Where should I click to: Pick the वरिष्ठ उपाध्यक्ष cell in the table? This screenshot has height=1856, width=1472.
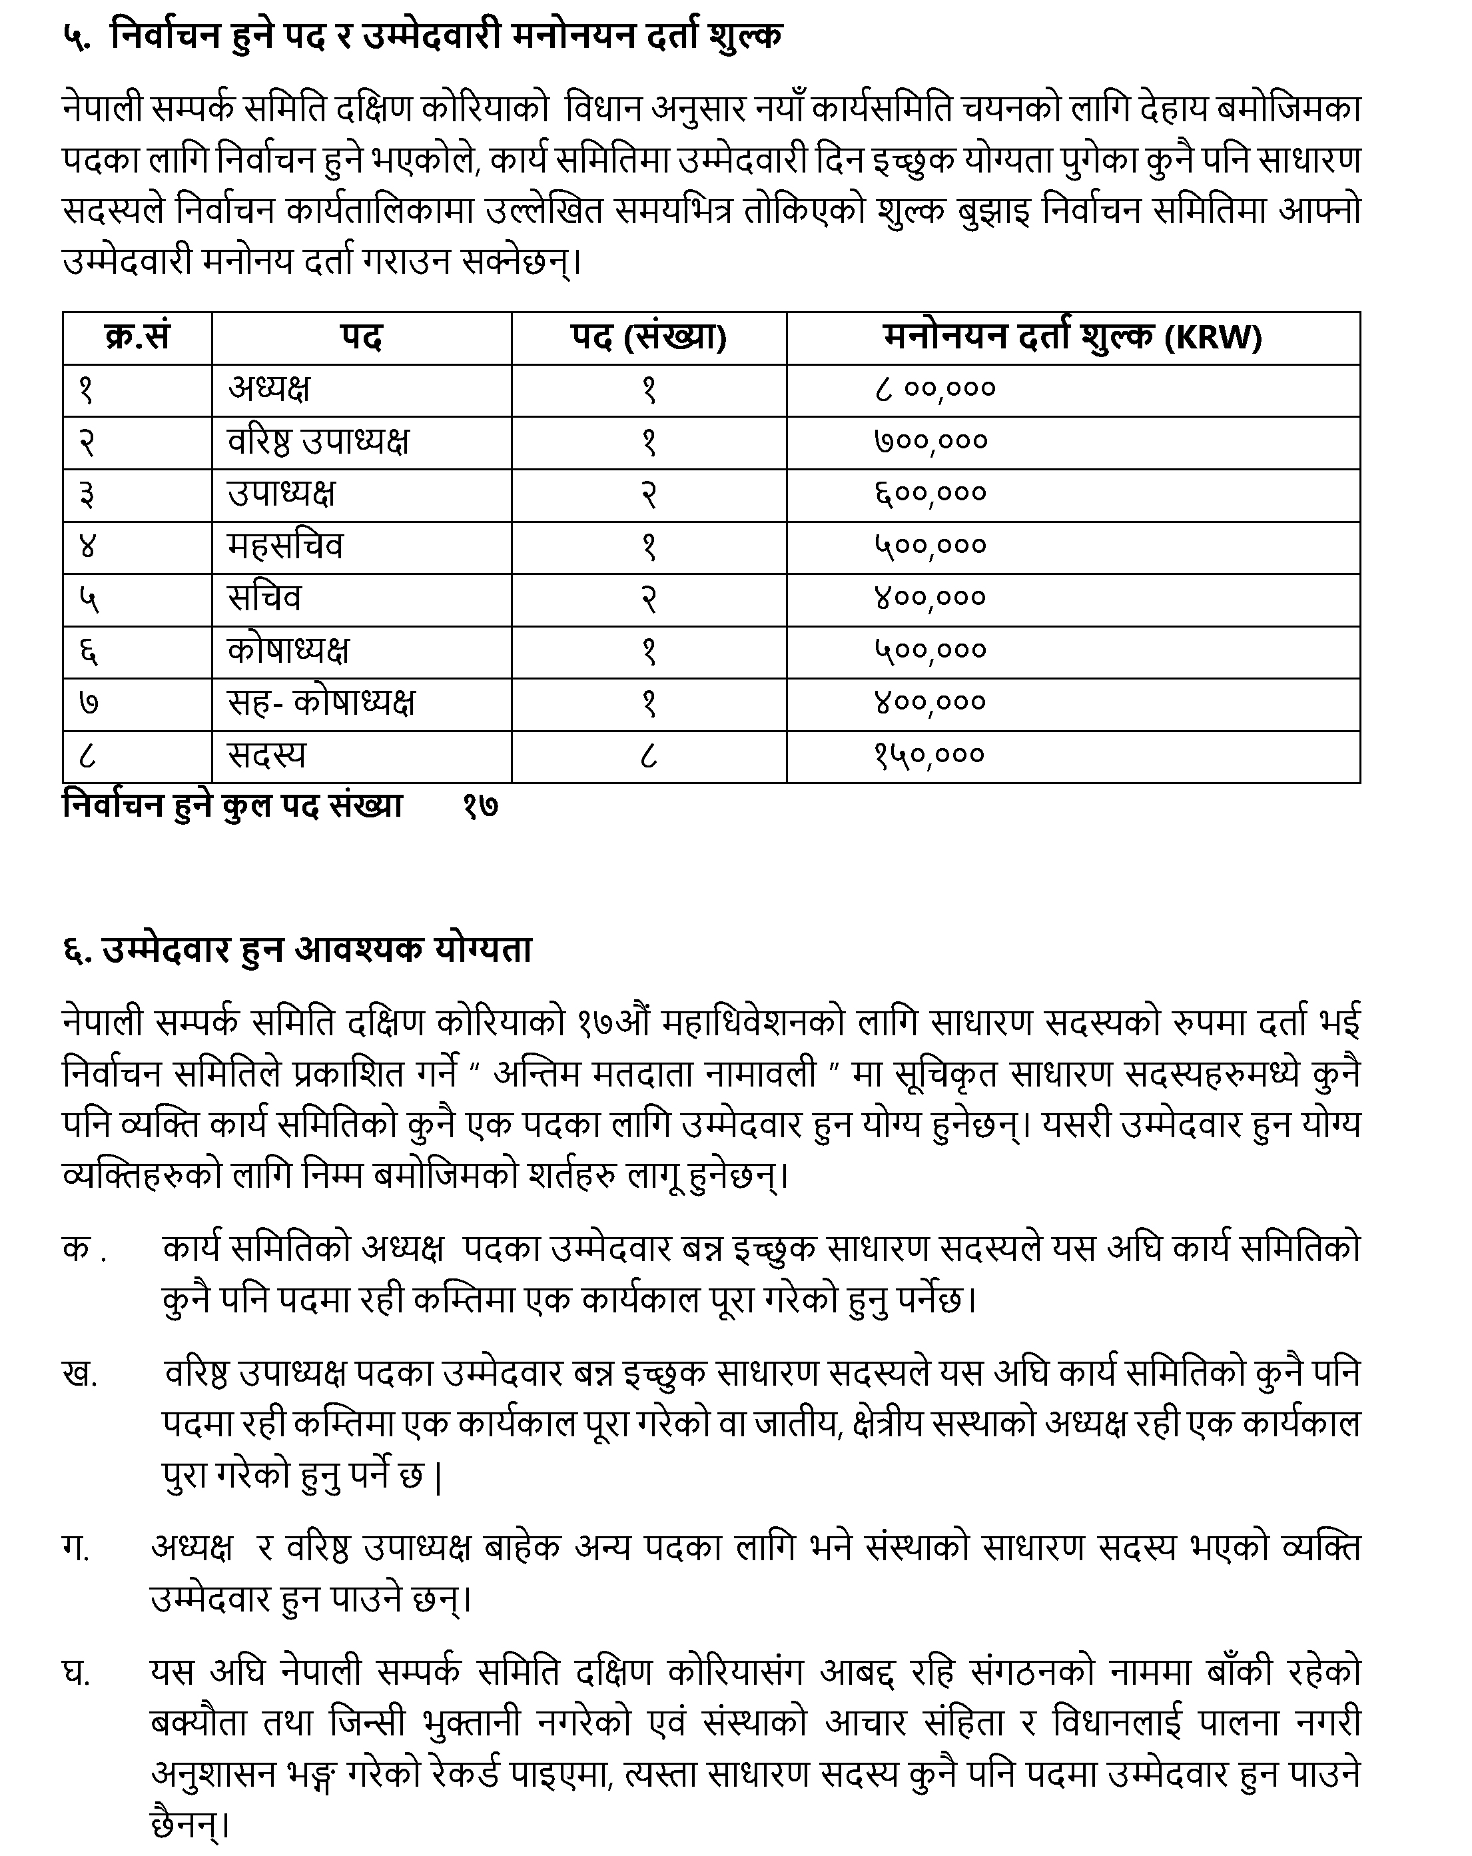(x=318, y=442)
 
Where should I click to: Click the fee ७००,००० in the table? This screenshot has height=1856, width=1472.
(x=930, y=442)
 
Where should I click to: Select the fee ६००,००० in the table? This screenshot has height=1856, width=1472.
(x=930, y=494)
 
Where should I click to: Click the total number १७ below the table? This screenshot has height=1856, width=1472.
(x=480, y=807)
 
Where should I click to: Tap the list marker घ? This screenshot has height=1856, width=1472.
(x=77, y=1673)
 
